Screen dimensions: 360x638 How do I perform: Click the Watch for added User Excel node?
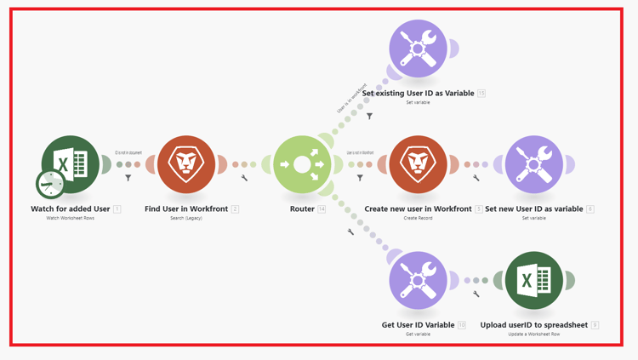pyautogui.click(x=71, y=163)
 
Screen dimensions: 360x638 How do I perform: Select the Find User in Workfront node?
pyautogui.click(x=186, y=164)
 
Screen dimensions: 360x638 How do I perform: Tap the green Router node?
pyautogui.click(x=302, y=164)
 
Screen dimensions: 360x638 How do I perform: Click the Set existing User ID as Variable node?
pyautogui.click(x=418, y=49)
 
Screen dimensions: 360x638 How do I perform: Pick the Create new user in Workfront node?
pyautogui.click(x=418, y=164)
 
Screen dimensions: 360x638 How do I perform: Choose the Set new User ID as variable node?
pyautogui.click(x=533, y=164)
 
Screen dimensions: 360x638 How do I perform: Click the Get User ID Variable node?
pyautogui.click(x=418, y=280)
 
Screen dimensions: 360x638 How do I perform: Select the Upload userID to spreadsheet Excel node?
pyautogui.click(x=533, y=280)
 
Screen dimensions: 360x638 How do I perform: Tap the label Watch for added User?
pyautogui.click(x=71, y=209)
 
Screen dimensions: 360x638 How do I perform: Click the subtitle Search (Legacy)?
pyautogui.click(x=186, y=219)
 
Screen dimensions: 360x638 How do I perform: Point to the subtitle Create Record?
pyautogui.click(x=418, y=219)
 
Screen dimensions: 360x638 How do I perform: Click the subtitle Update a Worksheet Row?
pyautogui.click(x=533, y=334)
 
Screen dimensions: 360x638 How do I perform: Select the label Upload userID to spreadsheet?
pyautogui.click(x=533, y=324)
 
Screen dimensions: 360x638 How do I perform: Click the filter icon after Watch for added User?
pyautogui.click(x=128, y=179)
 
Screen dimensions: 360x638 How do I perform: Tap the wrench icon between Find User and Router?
pyautogui.click(x=244, y=179)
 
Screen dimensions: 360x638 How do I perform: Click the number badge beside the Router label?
pyautogui.click(x=322, y=209)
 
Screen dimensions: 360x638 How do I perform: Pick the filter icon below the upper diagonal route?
pyautogui.click(x=369, y=116)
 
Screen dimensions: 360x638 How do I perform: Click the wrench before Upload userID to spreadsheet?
pyautogui.click(x=476, y=294)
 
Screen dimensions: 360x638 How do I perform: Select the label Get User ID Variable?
pyautogui.click(x=418, y=324)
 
